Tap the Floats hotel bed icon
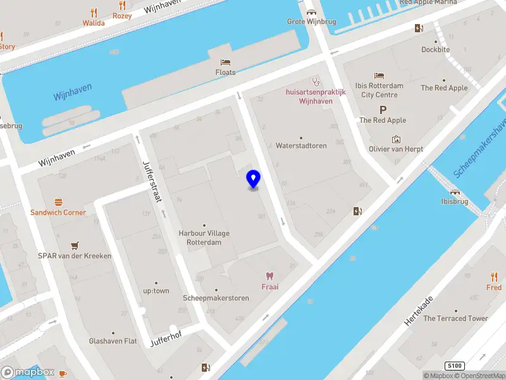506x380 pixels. tap(225, 62)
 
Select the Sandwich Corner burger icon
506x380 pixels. tap(58, 202)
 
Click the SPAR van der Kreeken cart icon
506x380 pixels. tap(75, 246)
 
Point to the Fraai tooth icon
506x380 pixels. tap(270, 276)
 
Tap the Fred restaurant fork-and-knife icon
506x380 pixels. tap(494, 277)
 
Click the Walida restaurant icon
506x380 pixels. tap(94, 13)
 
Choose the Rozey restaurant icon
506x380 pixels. tap(122, 6)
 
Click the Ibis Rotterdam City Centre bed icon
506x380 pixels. tap(379, 75)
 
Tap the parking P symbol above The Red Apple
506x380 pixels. tap(383, 110)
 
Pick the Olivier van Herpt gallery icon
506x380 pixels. tap(396, 139)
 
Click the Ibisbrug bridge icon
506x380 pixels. tap(455, 192)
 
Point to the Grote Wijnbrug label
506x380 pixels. tap(312, 22)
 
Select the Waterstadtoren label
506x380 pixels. tap(301, 146)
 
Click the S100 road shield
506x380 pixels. tap(454, 366)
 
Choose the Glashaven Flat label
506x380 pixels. tap(113, 341)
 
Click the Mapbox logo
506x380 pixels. tap(28, 372)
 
